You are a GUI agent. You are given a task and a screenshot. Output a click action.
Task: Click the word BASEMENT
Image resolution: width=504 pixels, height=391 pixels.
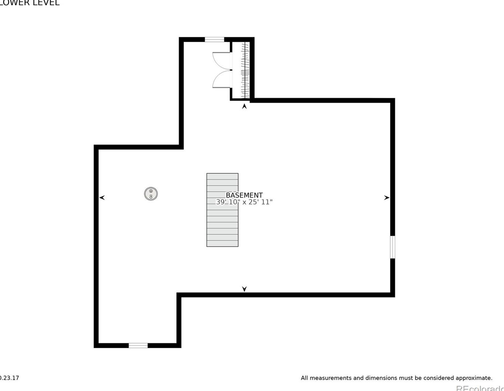244,195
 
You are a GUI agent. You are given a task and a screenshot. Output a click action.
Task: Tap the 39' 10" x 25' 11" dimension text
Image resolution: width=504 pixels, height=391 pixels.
244,202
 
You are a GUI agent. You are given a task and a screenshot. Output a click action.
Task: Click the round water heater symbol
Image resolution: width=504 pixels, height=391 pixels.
151,194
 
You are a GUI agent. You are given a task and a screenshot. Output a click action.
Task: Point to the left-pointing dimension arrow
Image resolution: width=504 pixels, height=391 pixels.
102,198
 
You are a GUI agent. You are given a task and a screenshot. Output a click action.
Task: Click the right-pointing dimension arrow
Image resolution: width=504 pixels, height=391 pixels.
386,198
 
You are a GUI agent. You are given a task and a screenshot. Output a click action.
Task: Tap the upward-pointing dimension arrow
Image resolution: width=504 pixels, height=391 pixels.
244,106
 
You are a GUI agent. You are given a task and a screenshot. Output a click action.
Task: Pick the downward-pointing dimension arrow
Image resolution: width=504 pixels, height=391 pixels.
244,289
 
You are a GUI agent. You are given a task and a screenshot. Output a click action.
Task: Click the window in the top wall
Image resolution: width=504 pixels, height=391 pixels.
214,40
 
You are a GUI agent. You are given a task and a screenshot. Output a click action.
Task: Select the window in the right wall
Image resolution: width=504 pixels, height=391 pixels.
392,247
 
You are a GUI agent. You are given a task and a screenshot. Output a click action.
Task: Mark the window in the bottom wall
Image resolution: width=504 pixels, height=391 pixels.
138,345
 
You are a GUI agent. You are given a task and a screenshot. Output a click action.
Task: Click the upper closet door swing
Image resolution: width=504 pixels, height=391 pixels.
222,61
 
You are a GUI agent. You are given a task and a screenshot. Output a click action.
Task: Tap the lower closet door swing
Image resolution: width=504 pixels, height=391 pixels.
222,79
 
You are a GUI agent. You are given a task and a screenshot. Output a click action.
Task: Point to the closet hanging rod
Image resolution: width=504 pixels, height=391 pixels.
245,70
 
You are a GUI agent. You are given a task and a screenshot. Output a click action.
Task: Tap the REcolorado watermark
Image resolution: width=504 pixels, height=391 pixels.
480,388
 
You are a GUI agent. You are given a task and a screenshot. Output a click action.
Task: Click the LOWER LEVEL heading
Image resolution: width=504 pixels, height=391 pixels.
30,3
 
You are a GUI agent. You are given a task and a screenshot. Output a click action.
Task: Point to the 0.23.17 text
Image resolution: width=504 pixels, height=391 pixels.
9,378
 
